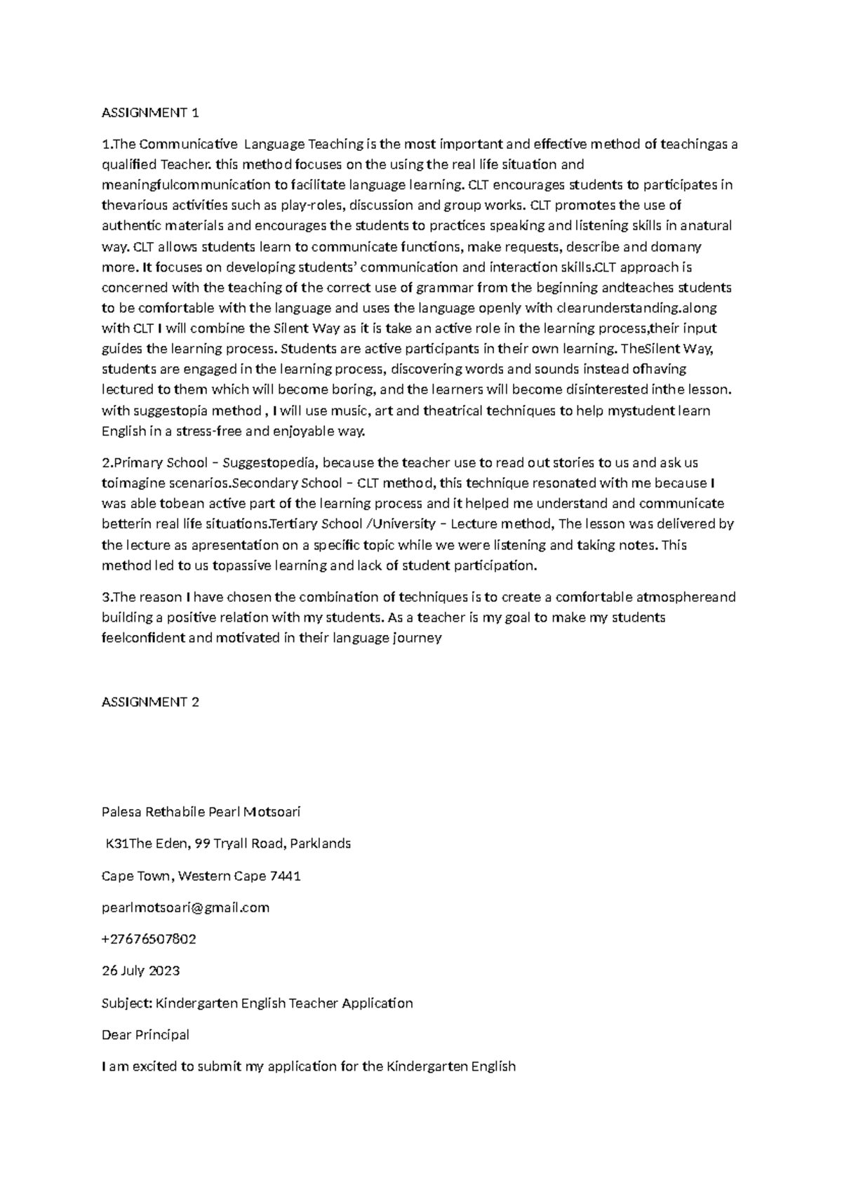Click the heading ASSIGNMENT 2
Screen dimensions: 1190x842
[151, 702]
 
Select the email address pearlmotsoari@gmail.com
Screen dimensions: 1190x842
[185, 908]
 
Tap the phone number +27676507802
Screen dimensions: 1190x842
[149, 940]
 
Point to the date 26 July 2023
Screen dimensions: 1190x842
[140, 971]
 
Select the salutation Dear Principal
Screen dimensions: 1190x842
[145, 1035]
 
